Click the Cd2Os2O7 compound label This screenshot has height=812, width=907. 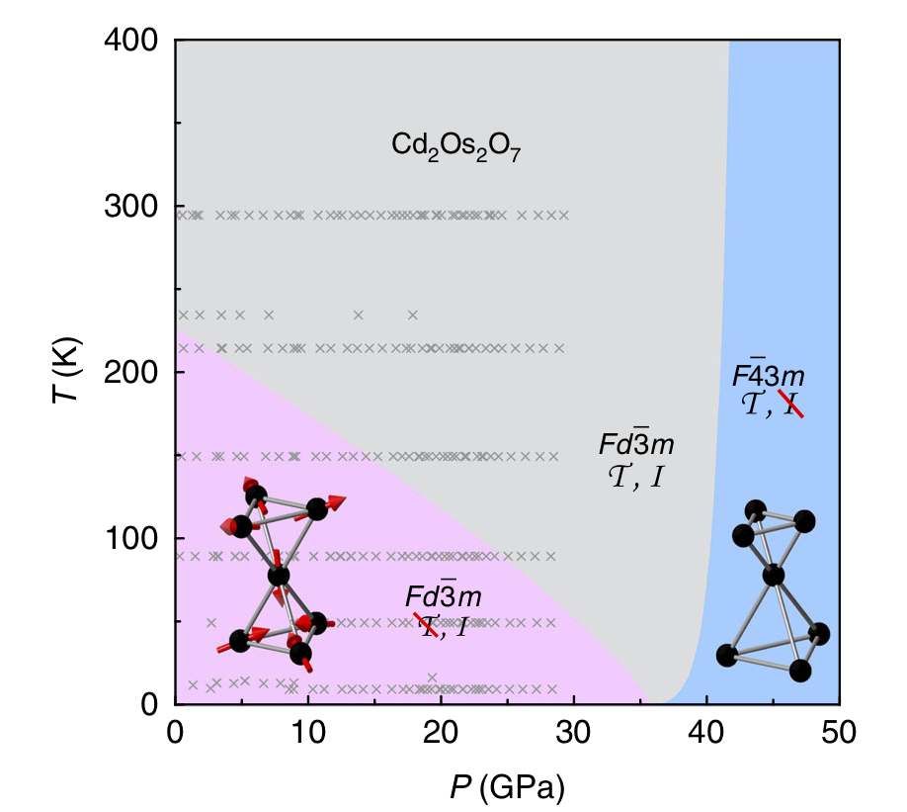pos(456,148)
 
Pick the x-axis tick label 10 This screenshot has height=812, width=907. pos(308,733)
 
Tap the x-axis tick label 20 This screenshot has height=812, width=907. pos(441,733)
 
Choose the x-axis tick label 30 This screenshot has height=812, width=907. pos(574,733)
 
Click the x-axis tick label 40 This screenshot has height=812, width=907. pos(706,733)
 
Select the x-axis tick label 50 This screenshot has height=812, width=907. pos(839,733)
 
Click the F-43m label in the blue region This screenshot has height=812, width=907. pos(768,376)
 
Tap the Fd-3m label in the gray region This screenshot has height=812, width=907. pos(636,442)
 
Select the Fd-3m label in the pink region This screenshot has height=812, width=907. pos(444,596)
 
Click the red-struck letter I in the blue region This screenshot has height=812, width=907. pos(790,403)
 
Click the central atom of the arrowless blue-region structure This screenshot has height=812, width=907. pos(774,575)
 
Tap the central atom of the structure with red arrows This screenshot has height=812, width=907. pos(279,575)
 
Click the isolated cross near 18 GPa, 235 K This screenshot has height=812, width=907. pos(413,316)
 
